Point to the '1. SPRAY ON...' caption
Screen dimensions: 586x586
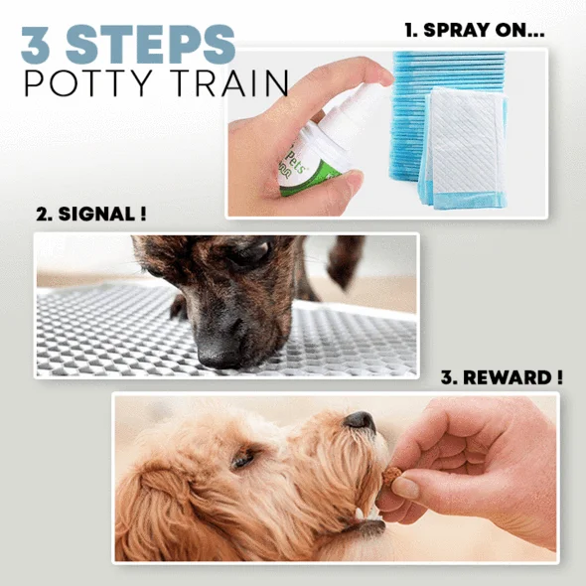[475, 30]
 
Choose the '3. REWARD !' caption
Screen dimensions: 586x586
[502, 377]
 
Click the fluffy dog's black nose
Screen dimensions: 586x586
[359, 421]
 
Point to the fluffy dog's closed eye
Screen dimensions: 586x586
[243, 459]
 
